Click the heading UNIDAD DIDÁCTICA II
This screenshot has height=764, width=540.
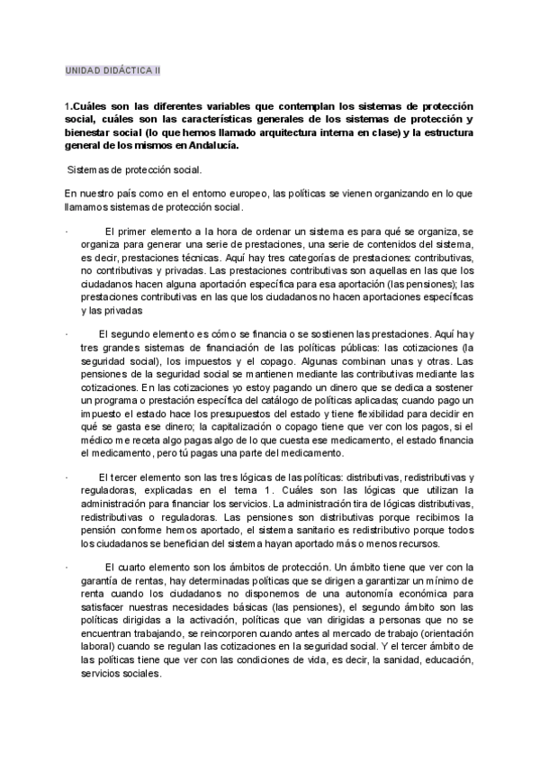click(x=112, y=68)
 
